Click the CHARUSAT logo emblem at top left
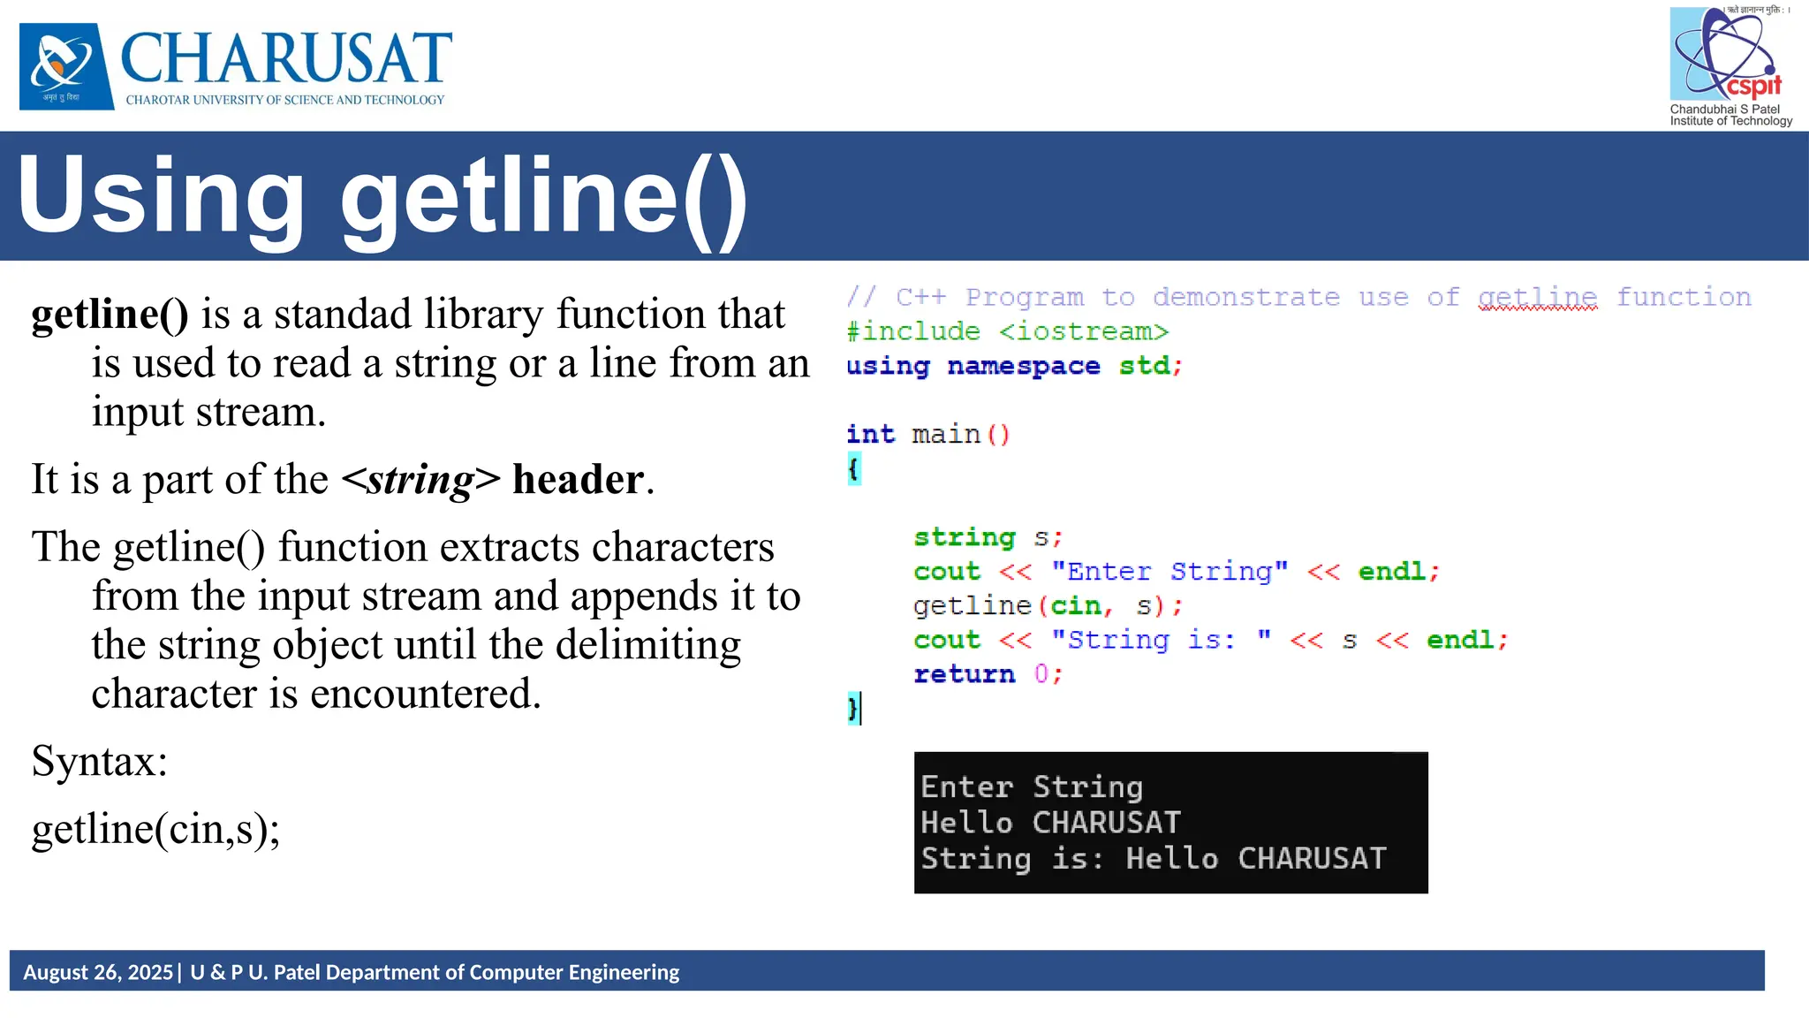click(x=66, y=66)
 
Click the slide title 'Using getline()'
click(x=382, y=196)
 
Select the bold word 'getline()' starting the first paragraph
click(x=110, y=315)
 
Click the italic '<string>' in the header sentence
click(x=420, y=480)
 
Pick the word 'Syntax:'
click(x=99, y=761)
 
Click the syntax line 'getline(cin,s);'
click(x=155, y=830)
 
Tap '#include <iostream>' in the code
click(x=1007, y=331)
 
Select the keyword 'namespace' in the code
click(x=1023, y=366)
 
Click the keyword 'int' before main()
click(x=870, y=434)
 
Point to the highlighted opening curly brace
click(x=854, y=468)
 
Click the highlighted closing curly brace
click(x=852, y=708)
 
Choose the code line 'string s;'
click(x=988, y=537)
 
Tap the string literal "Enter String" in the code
click(x=1169, y=572)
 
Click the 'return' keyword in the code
click(x=964, y=674)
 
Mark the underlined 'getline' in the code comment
click(x=1537, y=298)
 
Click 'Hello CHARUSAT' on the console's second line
click(x=1050, y=823)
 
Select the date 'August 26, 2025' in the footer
click(x=98, y=972)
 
